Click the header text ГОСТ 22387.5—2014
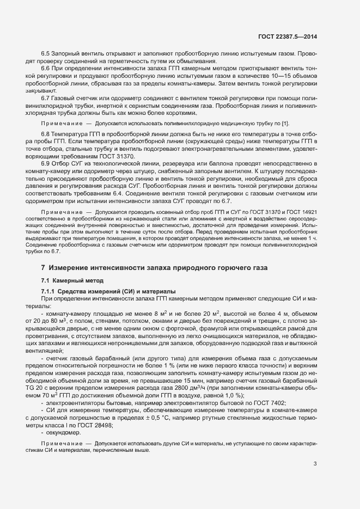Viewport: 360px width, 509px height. click(x=288, y=36)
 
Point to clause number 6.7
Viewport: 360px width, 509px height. click(x=46, y=97)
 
